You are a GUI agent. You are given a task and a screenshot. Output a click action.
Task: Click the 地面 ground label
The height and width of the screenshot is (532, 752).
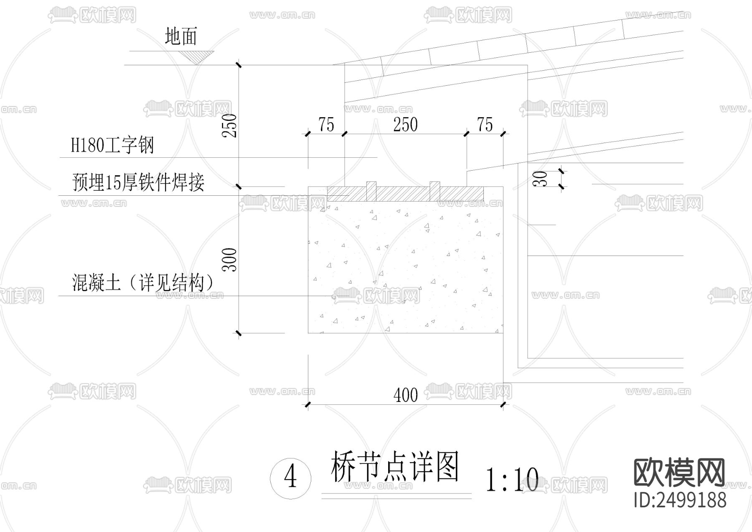(180, 36)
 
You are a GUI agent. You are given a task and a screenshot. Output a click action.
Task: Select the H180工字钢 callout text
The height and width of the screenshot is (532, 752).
(112, 146)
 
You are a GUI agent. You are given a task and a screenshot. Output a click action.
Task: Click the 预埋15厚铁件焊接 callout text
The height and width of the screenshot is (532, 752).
(138, 182)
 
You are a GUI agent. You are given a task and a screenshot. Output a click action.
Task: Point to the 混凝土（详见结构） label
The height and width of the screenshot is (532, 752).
(142, 283)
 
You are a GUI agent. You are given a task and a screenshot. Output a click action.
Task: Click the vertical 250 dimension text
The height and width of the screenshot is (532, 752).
(230, 125)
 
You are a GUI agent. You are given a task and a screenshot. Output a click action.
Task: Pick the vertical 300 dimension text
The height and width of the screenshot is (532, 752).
(230, 260)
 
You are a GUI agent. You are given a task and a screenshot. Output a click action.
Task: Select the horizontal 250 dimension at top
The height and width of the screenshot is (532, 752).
(405, 125)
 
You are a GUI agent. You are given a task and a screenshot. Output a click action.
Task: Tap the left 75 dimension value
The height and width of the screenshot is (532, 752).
(326, 125)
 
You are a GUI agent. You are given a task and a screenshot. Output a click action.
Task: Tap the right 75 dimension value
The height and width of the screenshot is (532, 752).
(485, 125)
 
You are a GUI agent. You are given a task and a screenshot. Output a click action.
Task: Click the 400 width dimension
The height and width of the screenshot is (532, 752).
(405, 395)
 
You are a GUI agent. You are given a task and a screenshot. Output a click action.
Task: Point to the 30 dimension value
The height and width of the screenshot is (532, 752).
(542, 179)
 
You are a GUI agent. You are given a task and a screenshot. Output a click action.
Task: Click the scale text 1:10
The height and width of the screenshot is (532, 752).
(512, 480)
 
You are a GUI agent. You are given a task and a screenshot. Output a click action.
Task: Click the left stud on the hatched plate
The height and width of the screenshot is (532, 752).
(371, 192)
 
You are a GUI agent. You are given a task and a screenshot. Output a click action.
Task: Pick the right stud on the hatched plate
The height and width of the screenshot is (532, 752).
(435, 192)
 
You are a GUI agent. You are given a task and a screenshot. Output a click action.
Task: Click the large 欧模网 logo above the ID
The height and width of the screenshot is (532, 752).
(680, 473)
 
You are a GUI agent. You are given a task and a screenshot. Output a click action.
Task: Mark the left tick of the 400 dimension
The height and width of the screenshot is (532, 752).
(308, 404)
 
